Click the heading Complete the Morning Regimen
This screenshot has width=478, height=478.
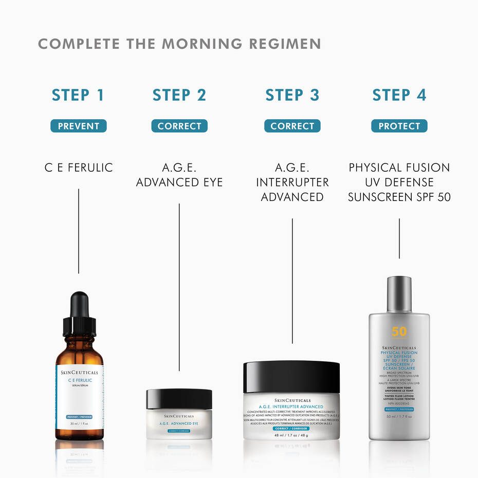[179, 44]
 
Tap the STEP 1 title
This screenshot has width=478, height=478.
[78, 95]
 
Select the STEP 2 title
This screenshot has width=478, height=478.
[179, 95]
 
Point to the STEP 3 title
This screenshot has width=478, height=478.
[292, 95]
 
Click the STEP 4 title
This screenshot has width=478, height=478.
[399, 95]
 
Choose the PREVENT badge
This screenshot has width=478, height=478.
[78, 126]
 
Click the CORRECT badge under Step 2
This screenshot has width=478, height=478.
[179, 126]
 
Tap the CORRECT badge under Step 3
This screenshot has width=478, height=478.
[292, 126]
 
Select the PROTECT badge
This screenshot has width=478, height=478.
[399, 126]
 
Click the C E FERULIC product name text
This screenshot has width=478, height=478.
[78, 168]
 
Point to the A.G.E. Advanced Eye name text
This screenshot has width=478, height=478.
[179, 175]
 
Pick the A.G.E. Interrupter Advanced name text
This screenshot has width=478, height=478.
[292, 182]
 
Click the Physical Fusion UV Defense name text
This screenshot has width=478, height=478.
[399, 182]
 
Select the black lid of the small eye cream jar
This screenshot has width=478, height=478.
[179, 398]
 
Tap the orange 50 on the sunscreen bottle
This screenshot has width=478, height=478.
[399, 332]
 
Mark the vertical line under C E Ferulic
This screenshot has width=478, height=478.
[79, 231]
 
